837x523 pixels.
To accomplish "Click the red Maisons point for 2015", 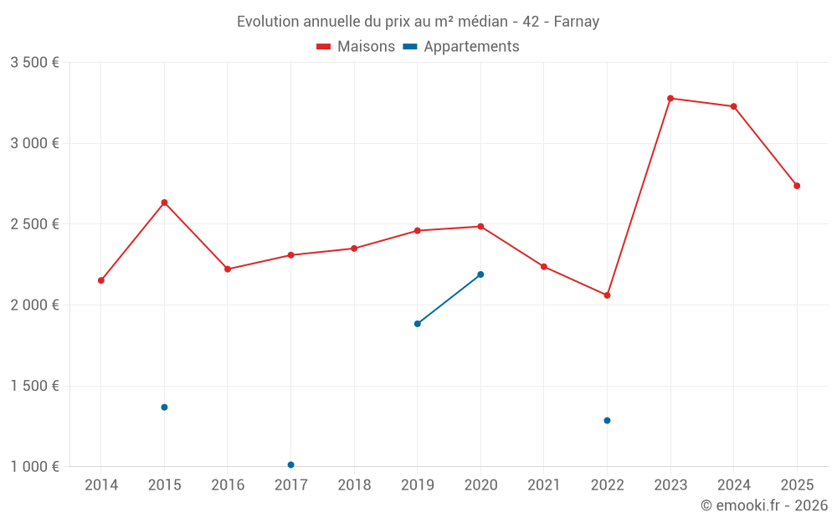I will point(164,203).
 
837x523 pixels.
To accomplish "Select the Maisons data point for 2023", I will point(670,98).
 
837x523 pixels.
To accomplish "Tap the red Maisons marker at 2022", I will point(607,295).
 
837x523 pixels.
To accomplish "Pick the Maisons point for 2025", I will point(797,186).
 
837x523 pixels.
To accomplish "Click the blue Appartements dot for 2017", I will point(290,464).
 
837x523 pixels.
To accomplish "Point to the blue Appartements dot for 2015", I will point(164,408).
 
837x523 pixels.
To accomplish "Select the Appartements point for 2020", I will point(480,274).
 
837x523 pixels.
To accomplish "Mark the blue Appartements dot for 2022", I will point(607,420).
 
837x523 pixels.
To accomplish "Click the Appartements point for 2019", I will point(417,324).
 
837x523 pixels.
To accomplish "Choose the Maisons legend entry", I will point(356,47).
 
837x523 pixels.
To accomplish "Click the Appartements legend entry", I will point(461,47).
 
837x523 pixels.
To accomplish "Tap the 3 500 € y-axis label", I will point(34,63).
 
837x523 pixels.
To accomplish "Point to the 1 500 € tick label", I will point(34,386).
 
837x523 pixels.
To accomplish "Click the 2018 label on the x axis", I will point(354,485).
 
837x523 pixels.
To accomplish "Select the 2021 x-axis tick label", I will point(544,485).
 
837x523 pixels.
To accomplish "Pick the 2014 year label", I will point(101,485).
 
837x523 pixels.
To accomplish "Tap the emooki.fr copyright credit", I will point(764,505).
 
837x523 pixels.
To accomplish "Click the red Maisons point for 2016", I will point(228,269).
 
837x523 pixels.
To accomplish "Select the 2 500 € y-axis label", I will point(34,224).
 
